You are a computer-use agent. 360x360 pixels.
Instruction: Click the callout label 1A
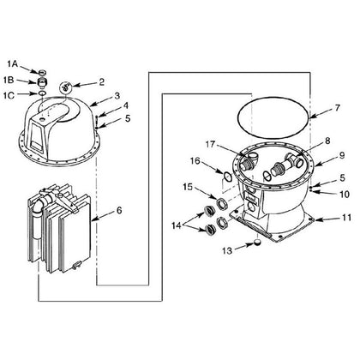13,64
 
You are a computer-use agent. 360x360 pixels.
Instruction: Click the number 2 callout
101,82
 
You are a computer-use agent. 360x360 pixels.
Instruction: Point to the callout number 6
119,211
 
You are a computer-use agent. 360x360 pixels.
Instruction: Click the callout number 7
338,108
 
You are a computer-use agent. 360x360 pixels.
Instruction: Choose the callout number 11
346,218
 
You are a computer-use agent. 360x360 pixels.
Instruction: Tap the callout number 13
227,251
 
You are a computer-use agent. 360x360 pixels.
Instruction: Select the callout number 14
177,225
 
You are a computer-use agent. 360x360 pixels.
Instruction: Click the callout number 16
195,161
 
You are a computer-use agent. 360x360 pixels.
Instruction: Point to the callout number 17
210,144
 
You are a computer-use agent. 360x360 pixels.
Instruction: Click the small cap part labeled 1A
42,71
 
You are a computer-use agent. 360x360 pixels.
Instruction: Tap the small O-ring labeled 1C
42,93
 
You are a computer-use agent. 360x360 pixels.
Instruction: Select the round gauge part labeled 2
66,87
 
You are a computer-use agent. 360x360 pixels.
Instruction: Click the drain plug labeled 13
258,243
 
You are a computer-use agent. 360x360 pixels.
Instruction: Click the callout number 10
345,195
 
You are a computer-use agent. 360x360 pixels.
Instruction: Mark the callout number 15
188,187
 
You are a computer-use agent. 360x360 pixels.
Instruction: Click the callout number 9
342,155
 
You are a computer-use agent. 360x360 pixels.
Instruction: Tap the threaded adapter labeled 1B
42,82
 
